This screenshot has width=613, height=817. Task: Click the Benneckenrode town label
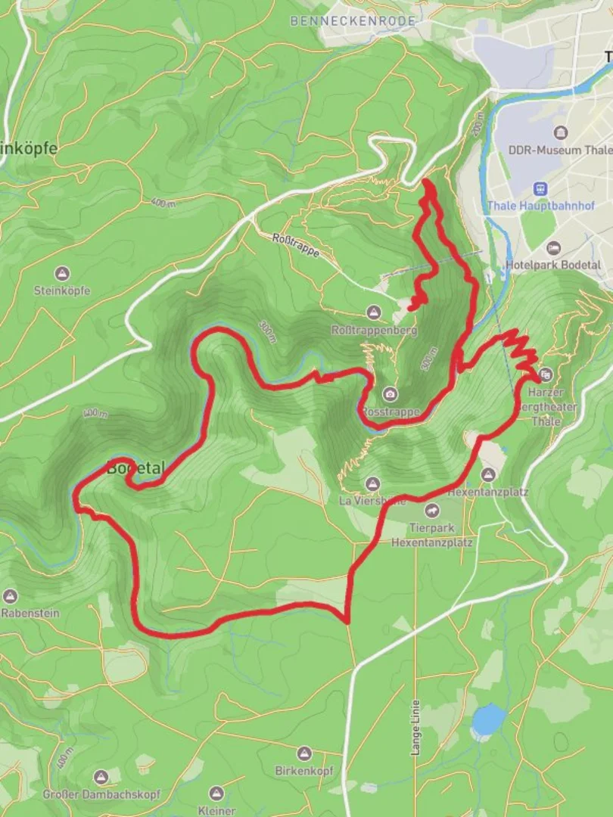pos(353,21)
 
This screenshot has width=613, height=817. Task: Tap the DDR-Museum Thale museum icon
pos(560,133)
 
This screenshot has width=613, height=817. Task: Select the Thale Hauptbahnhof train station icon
pos(540,188)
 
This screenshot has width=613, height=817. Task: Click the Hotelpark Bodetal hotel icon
pos(553,248)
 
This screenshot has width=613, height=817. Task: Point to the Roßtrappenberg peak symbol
pos(373,312)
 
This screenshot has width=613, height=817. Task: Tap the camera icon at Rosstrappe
pos(390,394)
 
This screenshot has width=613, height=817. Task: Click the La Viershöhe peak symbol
pos(372,483)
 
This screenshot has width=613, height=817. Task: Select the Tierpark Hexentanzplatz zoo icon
pos(431,511)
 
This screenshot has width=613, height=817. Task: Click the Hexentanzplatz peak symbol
pos(488,474)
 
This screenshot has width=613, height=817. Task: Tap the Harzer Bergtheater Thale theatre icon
pos(546,374)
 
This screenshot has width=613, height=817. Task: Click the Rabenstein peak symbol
pos(10,596)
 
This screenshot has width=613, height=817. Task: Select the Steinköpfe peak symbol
pos(62,273)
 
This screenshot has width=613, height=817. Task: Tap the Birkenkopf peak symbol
pos(303,753)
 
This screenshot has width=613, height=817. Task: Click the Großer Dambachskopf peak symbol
pos(101,777)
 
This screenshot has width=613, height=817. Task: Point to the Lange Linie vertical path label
pos(415,727)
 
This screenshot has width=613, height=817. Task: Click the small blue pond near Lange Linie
pos(488,719)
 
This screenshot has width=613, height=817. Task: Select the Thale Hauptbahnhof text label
pos(540,206)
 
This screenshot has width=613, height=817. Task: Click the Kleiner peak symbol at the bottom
pos(216,794)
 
